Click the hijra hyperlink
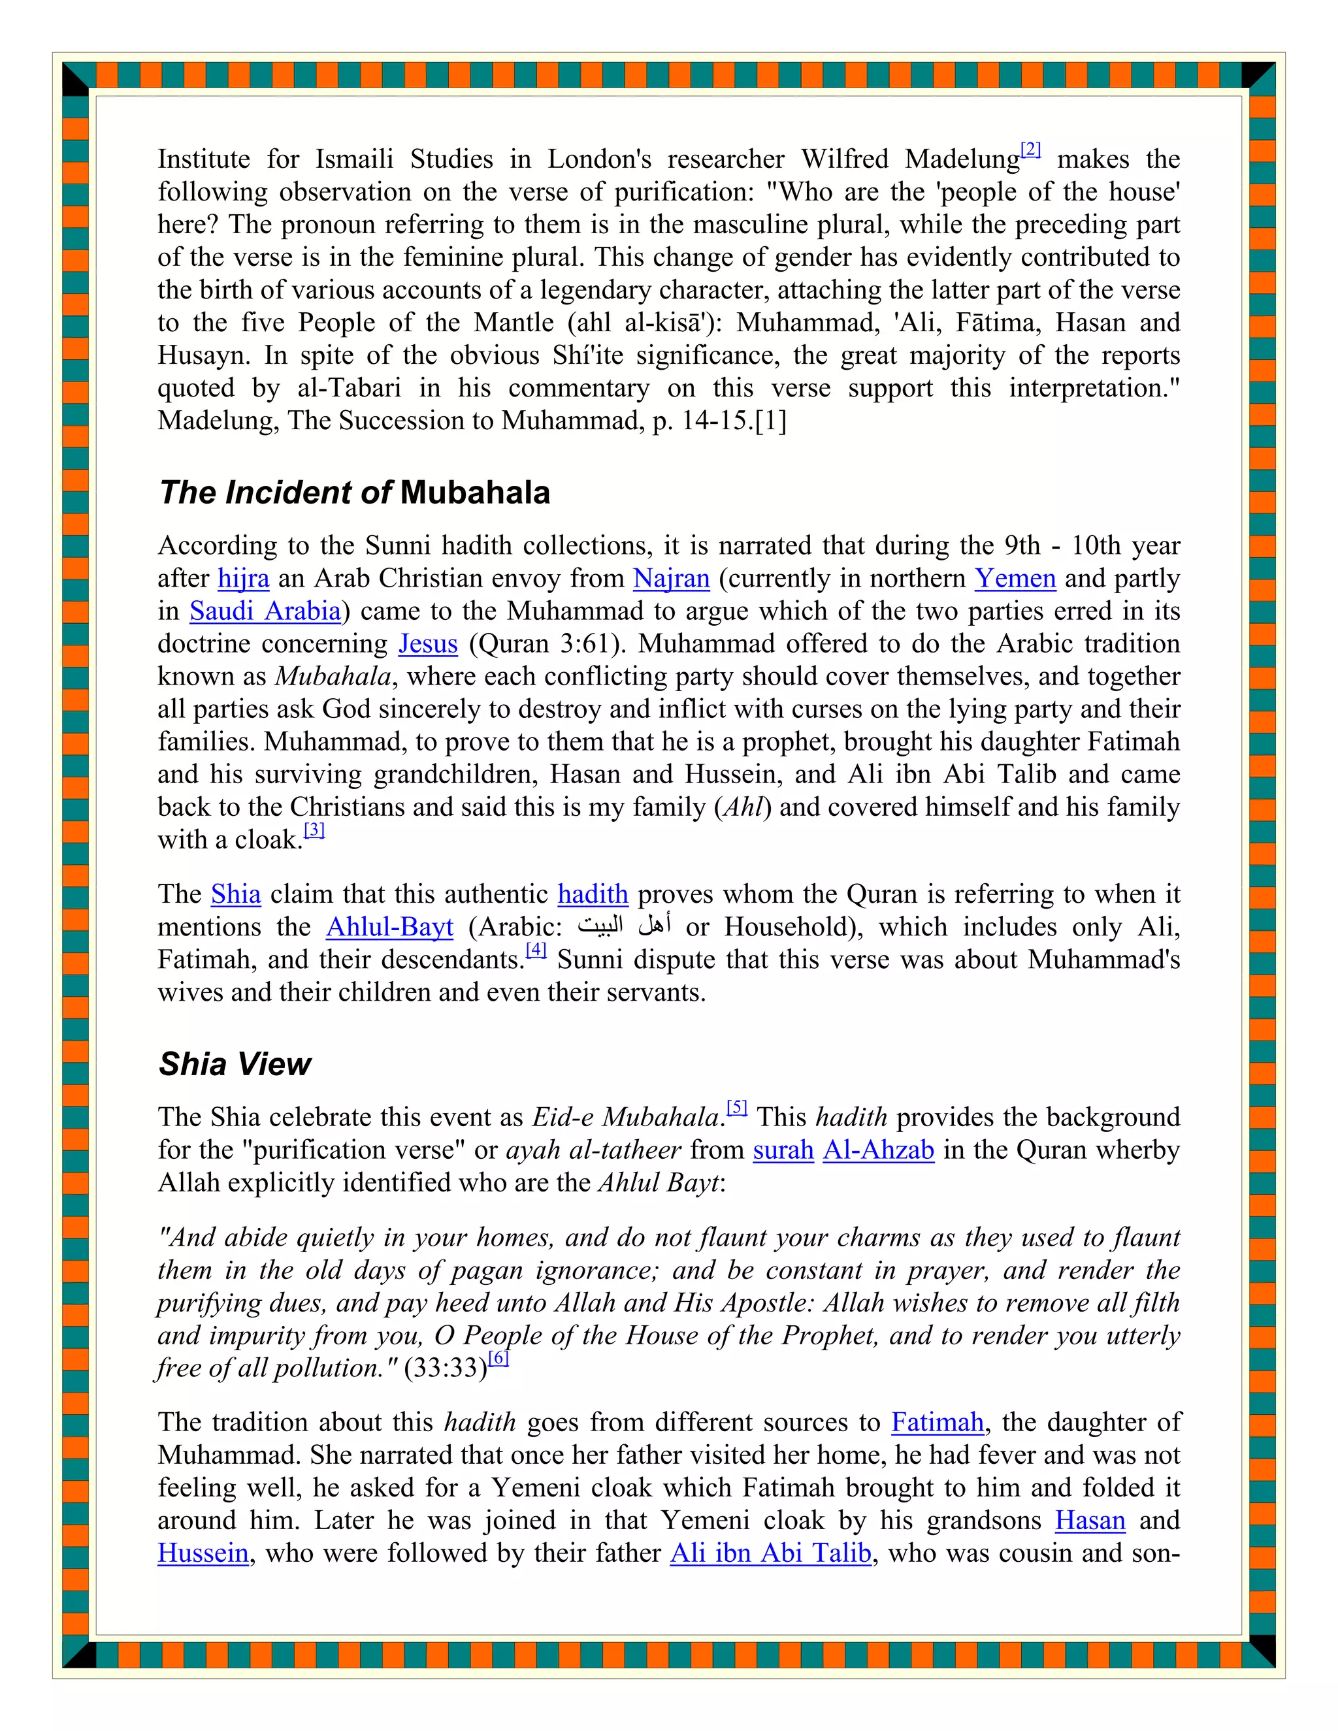pos(243,579)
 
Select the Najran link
pos(670,579)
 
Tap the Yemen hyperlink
pos(1015,579)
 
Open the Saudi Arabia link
pos(265,611)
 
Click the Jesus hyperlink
pos(427,643)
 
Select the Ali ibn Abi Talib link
pos(770,1553)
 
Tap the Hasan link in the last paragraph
pos(1090,1520)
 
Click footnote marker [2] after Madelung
pos(1030,149)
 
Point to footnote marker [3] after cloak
pos(315,830)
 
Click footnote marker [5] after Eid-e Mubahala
pos(737,1107)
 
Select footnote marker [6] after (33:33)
pos(498,1358)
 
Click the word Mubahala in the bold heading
pos(475,493)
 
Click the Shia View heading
pos(235,1063)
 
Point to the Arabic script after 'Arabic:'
pos(625,925)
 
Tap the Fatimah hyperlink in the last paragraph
pos(937,1423)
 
